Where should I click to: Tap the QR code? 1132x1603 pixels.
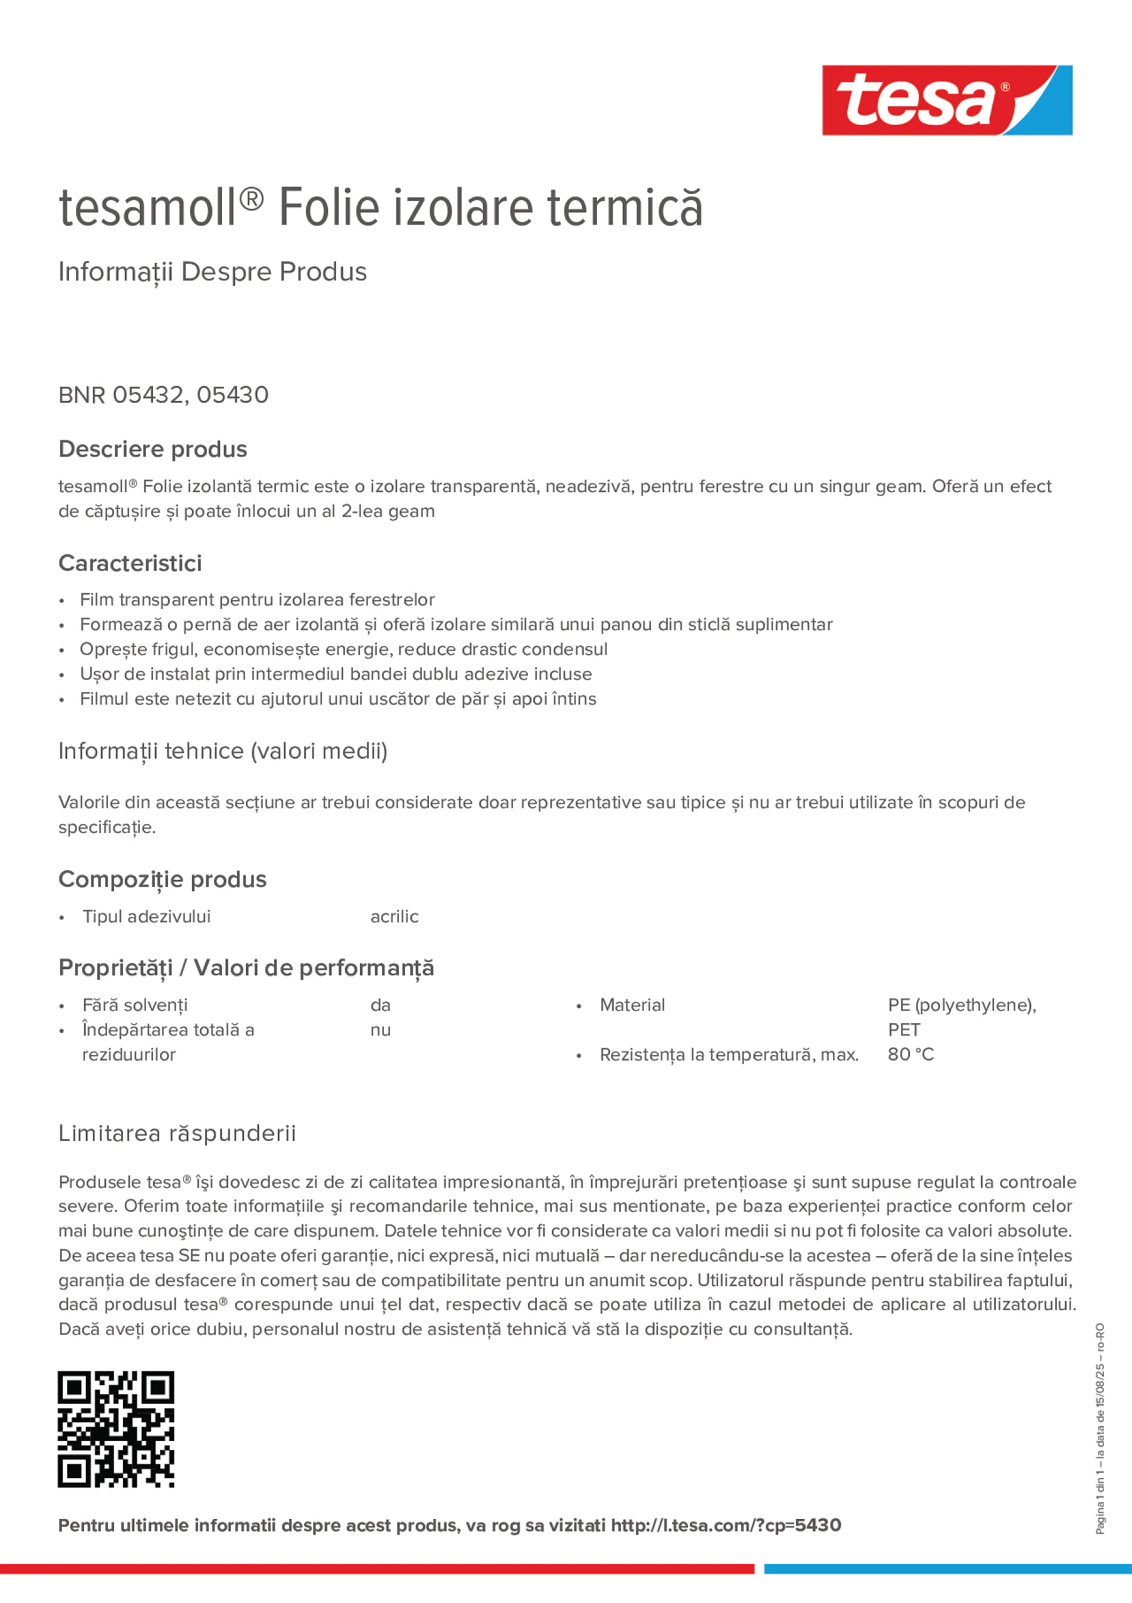[116, 1429]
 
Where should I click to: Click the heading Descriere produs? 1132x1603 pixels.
[153, 449]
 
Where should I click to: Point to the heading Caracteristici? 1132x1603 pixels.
[131, 563]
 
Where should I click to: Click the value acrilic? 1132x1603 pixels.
[394, 916]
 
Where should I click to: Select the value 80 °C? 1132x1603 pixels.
[910, 1054]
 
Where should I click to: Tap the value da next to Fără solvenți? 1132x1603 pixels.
[380, 1005]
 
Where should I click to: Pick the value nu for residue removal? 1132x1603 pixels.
[380, 1030]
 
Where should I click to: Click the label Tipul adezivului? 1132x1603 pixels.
[146, 916]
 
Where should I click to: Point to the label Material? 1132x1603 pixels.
[632, 1005]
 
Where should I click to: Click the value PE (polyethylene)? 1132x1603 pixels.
[962, 1005]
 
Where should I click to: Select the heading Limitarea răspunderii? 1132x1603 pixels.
[177, 1133]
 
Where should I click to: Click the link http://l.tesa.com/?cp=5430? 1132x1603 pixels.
[726, 1525]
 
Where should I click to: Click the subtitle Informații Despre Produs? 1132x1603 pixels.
[213, 272]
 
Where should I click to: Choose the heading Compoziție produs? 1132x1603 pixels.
[163, 879]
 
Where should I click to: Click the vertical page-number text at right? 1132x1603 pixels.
[1100, 1428]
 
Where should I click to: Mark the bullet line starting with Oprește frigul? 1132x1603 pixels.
[343, 649]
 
